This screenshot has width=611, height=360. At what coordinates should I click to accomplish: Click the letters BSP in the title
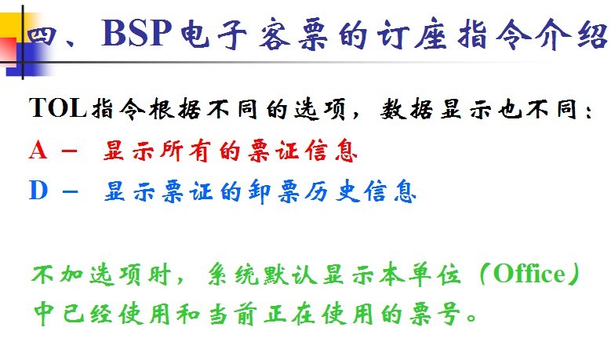[x=136, y=33]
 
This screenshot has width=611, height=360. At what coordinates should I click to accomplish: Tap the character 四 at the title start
[x=42, y=36]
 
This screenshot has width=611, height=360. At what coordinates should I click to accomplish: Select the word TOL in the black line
[x=58, y=108]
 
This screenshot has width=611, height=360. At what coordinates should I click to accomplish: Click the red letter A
[x=38, y=151]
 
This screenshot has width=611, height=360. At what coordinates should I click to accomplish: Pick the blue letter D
[x=38, y=191]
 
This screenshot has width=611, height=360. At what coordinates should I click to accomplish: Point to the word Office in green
[x=529, y=274]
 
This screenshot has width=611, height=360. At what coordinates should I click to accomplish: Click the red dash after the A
[x=69, y=151]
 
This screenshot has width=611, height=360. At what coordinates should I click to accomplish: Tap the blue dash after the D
[x=70, y=191]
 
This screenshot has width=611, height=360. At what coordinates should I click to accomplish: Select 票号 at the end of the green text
[x=435, y=314]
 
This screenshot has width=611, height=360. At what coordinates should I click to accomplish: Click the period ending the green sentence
[x=471, y=318]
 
